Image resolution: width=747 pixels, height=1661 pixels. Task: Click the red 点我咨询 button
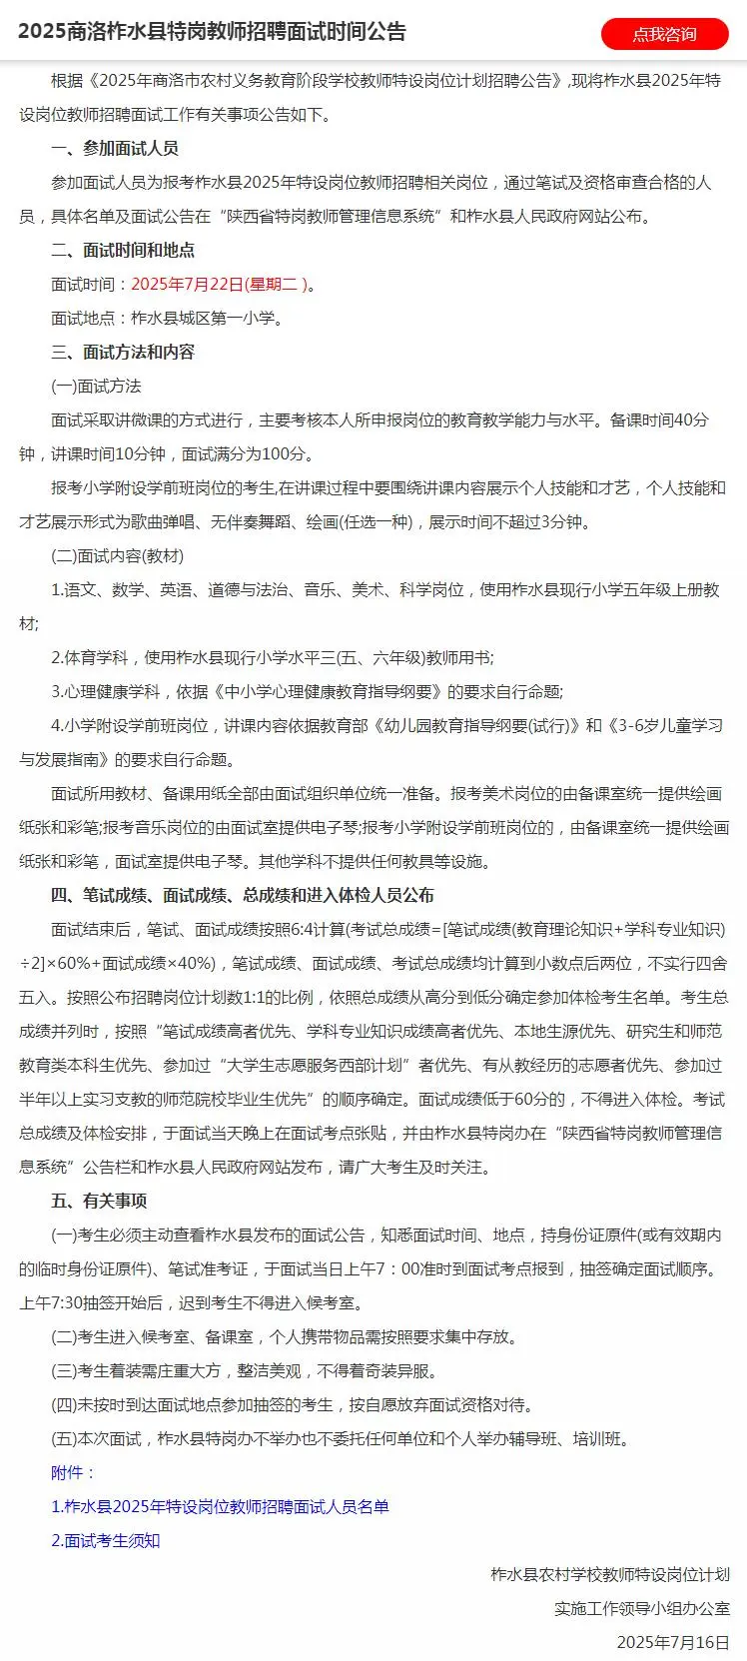664,34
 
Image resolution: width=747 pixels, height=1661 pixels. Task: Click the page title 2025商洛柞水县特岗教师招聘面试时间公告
212,32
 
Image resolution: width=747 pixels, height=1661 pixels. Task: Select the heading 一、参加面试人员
114,148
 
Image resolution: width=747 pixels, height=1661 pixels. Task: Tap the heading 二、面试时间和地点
123,250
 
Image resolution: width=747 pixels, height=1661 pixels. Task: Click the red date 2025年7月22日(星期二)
219,285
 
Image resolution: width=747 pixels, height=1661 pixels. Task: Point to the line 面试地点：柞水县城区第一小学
167,319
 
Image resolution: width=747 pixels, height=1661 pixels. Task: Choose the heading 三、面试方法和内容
123,352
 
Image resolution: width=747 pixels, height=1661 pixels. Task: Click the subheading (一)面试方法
96,386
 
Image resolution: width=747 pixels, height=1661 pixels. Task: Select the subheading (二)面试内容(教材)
117,555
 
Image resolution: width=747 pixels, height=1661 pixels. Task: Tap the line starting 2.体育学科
272,657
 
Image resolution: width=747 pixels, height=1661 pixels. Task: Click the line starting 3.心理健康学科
307,691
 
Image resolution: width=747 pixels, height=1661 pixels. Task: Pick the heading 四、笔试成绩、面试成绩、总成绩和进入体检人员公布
243,895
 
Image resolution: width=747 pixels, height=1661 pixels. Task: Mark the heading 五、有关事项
99,1201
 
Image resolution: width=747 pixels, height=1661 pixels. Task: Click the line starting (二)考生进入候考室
284,1336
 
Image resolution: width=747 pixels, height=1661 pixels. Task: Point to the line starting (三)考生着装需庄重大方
244,1370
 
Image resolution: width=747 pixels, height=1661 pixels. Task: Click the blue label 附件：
74,1472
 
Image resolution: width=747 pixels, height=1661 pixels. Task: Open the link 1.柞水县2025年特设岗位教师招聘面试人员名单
220,1506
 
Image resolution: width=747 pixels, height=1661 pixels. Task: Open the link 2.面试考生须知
106,1540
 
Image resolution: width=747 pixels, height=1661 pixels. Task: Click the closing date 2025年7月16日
672,1642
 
